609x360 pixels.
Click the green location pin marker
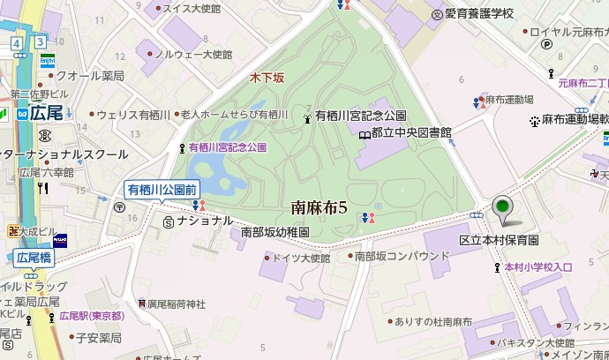(x=503, y=207)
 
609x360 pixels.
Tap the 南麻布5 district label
(x=320, y=208)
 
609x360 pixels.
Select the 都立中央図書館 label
(x=410, y=132)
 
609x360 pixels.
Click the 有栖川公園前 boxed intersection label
(x=163, y=188)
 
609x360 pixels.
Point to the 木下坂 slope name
(x=267, y=79)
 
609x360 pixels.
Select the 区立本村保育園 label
(x=499, y=240)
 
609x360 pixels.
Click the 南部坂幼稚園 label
(x=274, y=232)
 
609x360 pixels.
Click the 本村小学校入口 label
(x=538, y=266)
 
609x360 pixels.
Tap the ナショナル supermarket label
(x=204, y=220)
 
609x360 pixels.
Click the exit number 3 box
(x=40, y=42)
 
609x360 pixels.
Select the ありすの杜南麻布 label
(x=433, y=322)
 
